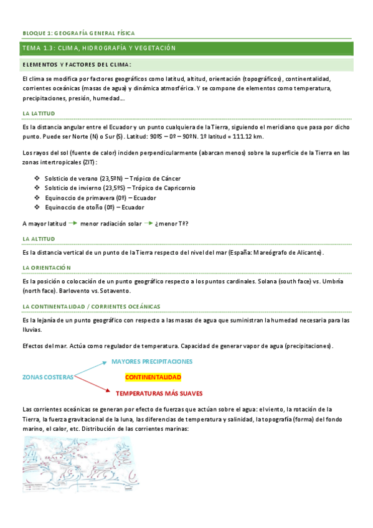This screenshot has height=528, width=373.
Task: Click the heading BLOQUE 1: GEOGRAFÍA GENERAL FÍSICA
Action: tap(78, 33)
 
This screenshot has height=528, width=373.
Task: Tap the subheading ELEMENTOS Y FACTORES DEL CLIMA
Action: tap(77, 64)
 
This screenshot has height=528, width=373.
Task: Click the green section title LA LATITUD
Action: tap(39, 113)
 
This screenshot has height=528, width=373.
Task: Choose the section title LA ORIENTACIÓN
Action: tap(47, 267)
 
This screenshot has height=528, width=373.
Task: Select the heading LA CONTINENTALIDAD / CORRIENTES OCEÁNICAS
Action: tap(91, 306)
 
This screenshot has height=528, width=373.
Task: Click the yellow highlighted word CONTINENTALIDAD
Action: tap(153, 377)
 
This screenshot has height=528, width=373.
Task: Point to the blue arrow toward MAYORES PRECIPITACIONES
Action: tap(92, 369)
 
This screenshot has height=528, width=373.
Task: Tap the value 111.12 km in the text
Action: tap(245, 136)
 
